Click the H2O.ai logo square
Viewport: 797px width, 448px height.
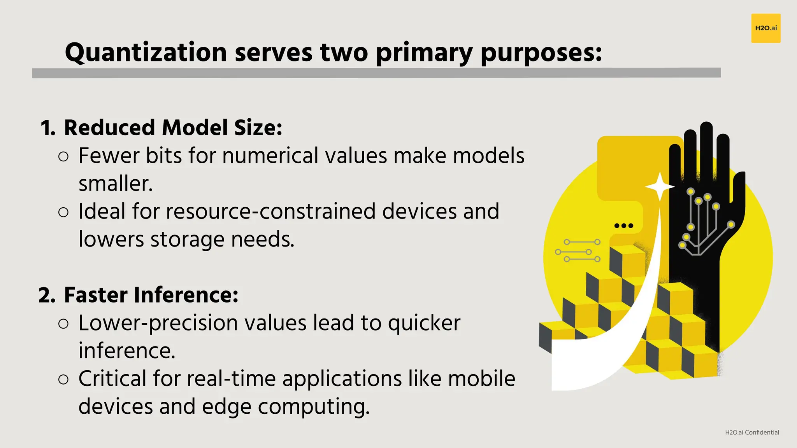(765, 28)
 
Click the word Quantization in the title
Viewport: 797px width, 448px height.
(146, 52)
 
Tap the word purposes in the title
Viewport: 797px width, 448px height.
(541, 52)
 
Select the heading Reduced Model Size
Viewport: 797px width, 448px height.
(173, 128)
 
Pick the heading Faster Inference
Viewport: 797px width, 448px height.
(151, 295)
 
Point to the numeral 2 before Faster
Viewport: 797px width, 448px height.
(46, 295)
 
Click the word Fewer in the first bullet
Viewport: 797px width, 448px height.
(109, 156)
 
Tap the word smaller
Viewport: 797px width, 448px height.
(115, 184)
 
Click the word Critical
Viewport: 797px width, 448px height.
(112, 378)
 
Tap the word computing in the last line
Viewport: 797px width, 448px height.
(313, 406)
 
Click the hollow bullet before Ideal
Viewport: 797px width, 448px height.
(63, 212)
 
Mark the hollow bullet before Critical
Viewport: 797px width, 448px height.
(63, 380)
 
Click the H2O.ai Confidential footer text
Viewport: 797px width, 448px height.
(752, 432)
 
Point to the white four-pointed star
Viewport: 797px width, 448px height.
(660, 187)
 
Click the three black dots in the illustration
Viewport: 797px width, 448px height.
(623, 226)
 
